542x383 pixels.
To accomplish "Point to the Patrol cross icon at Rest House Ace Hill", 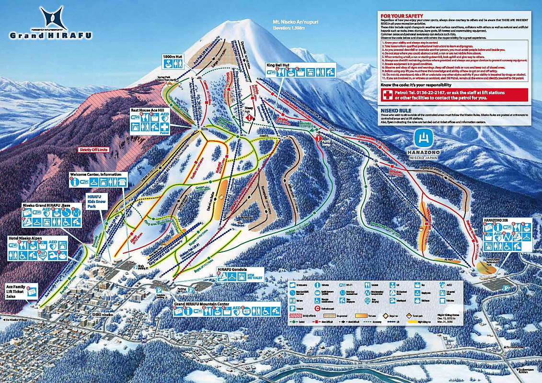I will (x=164, y=127).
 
